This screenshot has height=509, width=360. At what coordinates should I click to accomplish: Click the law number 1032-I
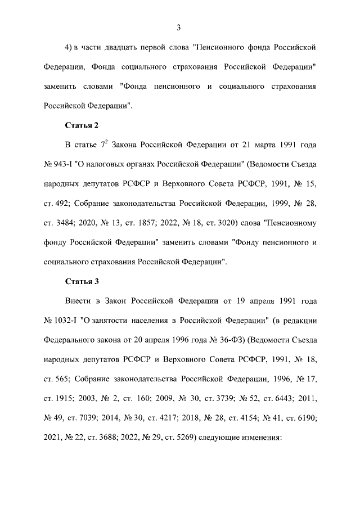tap(68, 321)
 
